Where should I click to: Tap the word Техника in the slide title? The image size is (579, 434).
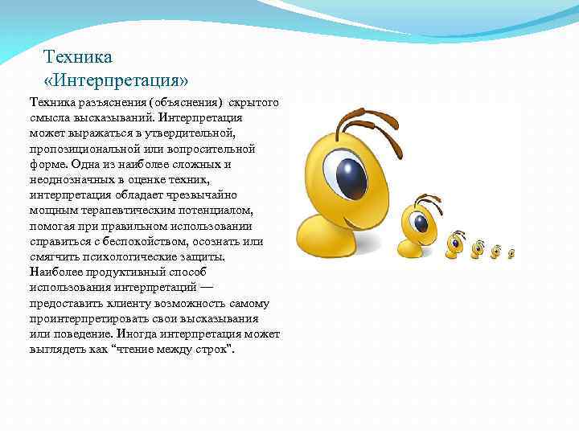77,58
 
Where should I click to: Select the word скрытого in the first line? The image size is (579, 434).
254,104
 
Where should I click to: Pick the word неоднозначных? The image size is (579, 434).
70,180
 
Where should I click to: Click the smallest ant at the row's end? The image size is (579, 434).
511,253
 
